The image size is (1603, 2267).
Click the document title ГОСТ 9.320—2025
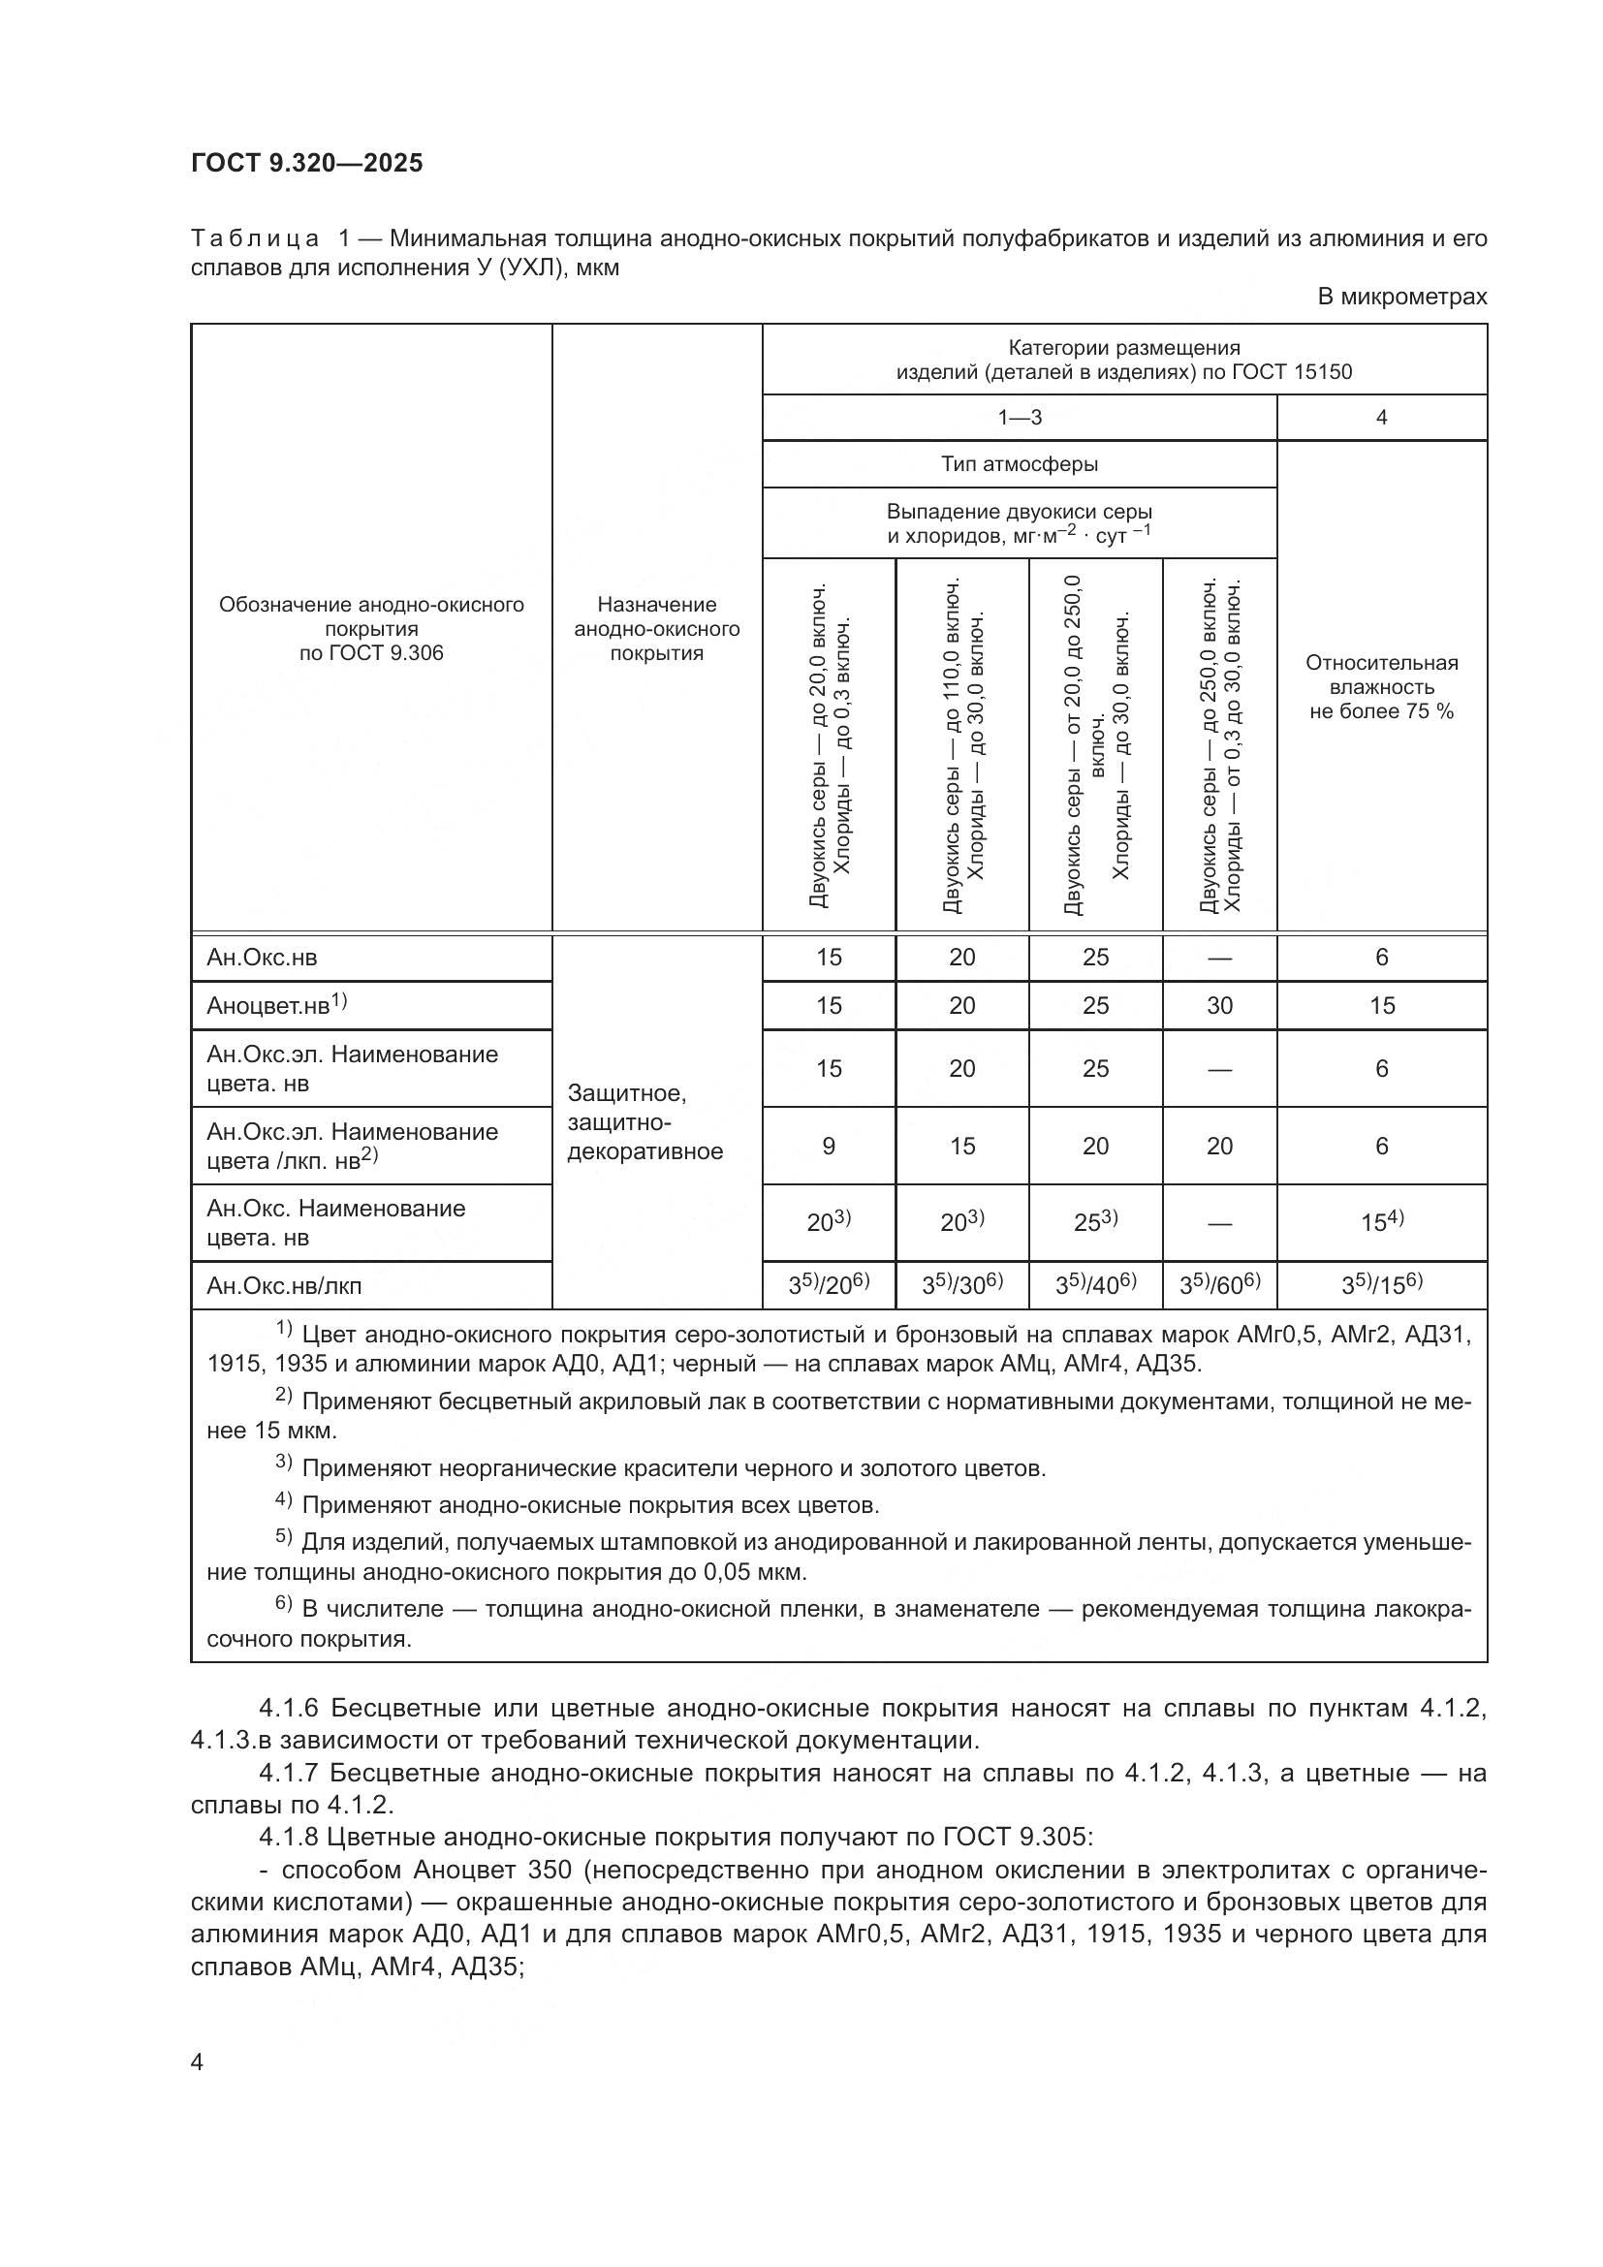click(x=306, y=163)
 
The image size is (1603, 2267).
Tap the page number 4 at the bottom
click(x=198, y=2062)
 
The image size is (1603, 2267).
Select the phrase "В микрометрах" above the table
click(x=1401, y=297)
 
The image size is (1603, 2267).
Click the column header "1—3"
click(x=1019, y=418)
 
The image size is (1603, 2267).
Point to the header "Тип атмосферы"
click(x=1019, y=464)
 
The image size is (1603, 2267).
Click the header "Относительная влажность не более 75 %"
click(x=1381, y=687)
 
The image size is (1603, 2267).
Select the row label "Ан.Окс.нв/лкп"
click(x=284, y=1285)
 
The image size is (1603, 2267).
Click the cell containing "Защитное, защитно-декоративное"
click(x=645, y=1122)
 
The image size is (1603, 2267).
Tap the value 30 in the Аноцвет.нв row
click(x=1219, y=1005)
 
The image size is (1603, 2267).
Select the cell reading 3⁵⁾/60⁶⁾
click(x=1219, y=1284)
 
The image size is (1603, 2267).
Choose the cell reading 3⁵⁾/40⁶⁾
click(x=1096, y=1284)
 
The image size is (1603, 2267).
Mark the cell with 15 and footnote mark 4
click(x=1381, y=1222)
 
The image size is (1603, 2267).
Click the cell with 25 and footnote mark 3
click(x=1096, y=1222)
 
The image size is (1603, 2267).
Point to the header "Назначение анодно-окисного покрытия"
click(x=656, y=628)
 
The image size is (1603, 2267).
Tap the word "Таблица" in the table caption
click(x=255, y=238)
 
